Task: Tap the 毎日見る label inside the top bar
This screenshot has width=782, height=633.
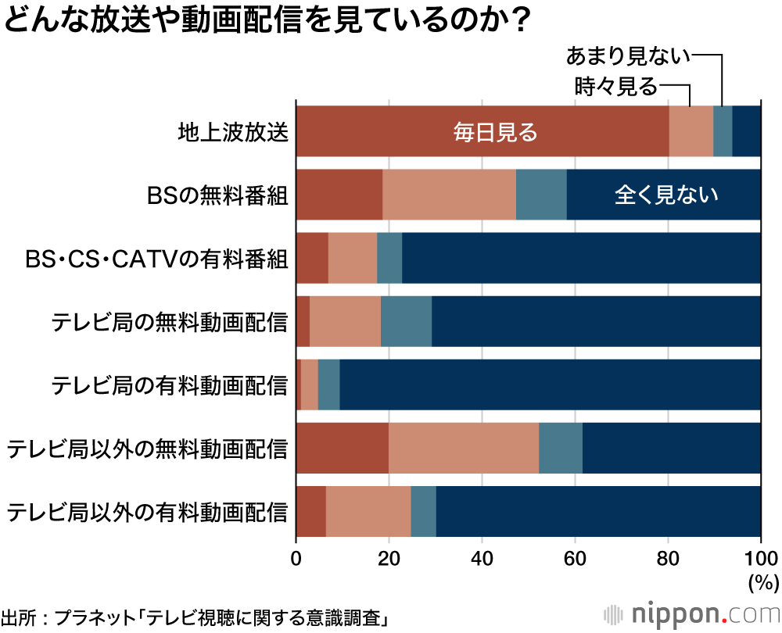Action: tap(496, 132)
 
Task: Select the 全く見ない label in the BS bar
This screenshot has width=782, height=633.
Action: tap(666, 195)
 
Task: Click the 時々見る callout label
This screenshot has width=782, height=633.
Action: tap(615, 86)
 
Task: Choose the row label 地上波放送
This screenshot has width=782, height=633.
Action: tap(233, 131)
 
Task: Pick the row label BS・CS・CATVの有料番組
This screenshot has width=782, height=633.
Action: tap(156, 258)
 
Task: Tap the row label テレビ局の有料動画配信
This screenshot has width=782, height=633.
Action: tap(169, 385)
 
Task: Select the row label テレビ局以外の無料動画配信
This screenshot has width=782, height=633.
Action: tap(147, 449)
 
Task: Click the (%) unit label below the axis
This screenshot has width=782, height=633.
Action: tap(762, 582)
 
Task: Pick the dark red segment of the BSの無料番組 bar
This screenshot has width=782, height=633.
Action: tap(339, 195)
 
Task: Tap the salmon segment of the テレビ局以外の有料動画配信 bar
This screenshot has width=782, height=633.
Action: tap(368, 512)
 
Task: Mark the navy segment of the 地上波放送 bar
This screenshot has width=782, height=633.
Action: tap(746, 131)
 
